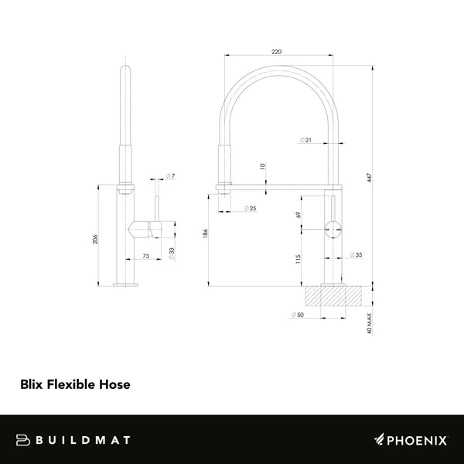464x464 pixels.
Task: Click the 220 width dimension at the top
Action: tap(277, 51)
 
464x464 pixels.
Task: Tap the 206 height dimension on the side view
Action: tap(96, 240)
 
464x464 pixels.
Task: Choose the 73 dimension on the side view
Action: tap(145, 256)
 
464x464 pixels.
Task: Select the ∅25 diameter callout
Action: tap(249, 209)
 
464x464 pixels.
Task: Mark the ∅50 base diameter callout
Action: tap(296, 315)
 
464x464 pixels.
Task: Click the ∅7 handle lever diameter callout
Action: tap(170, 177)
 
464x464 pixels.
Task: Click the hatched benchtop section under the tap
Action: tap(334, 295)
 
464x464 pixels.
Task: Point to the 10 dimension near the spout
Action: tap(263, 166)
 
